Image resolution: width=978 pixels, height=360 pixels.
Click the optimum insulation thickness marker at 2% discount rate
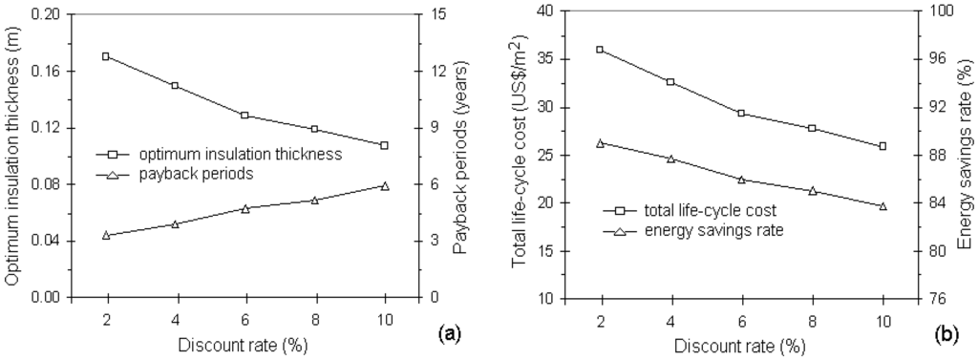[106, 56]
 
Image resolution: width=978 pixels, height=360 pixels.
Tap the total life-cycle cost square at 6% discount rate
[741, 114]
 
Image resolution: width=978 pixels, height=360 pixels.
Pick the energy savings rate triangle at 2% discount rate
[601, 143]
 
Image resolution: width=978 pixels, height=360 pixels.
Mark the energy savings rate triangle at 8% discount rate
[812, 191]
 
